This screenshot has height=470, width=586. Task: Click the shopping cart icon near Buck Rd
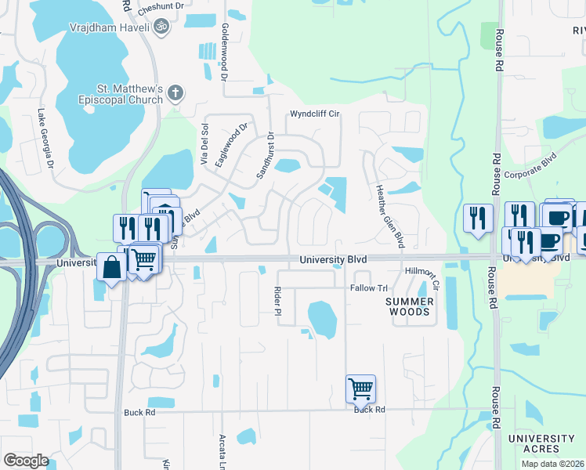click(360, 388)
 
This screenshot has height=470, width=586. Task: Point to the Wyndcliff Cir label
click(314, 114)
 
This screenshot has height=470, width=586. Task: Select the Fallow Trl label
click(368, 288)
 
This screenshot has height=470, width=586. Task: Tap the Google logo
click(25, 461)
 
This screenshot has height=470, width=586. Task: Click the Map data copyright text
click(552, 464)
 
